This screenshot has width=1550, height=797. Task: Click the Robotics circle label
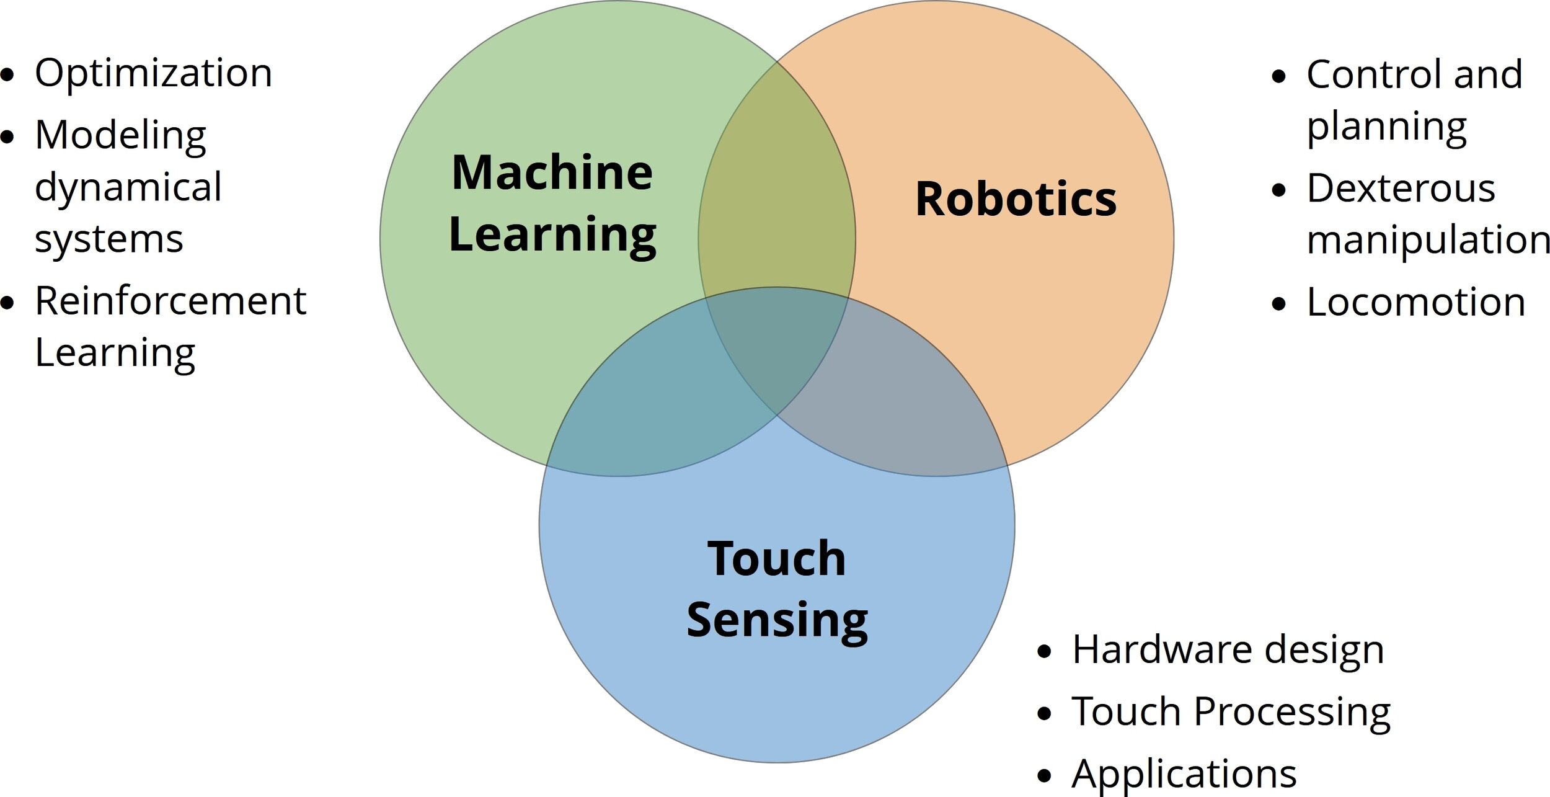(1016, 199)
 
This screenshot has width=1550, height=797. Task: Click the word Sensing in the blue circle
(777, 620)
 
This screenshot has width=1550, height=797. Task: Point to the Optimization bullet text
(153, 73)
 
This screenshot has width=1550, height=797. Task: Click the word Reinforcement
(170, 301)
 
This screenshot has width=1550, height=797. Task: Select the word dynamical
(128, 187)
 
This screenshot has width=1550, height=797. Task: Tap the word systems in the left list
(109, 239)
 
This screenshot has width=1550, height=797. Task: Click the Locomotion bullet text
(1415, 303)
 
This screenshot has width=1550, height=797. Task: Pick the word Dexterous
(1401, 188)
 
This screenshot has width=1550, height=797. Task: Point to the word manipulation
(1428, 240)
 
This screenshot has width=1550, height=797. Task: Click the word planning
(1386, 127)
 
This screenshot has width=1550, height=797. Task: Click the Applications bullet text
(1184, 773)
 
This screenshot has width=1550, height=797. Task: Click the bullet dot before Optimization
(7, 75)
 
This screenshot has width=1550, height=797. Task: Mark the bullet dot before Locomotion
(1278, 304)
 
